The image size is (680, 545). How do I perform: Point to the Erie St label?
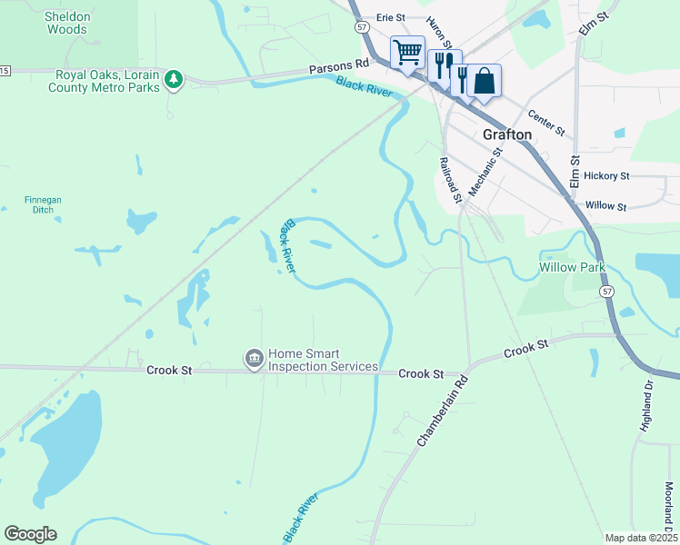[x=390, y=17]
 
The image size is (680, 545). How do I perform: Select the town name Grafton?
[x=507, y=134]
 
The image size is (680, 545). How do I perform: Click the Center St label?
[x=546, y=122]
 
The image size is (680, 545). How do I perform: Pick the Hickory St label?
[x=606, y=175]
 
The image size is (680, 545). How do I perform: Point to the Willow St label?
[x=606, y=206]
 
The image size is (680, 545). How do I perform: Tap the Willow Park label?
[x=572, y=268]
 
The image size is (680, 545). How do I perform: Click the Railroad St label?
[x=450, y=179]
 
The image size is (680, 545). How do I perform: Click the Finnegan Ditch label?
[x=39, y=204]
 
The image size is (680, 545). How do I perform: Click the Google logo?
[x=30, y=534]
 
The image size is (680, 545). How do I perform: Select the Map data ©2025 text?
[x=640, y=537]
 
